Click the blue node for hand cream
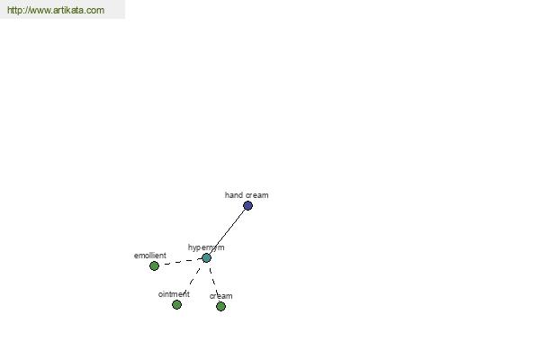click(x=247, y=206)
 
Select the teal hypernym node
click(x=206, y=257)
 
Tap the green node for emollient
click(x=154, y=266)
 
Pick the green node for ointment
click(x=176, y=304)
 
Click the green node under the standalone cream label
click(x=220, y=306)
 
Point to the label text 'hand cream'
click(x=247, y=195)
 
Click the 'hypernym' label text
click(x=206, y=247)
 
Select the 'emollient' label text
click(x=149, y=256)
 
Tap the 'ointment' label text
click(x=174, y=294)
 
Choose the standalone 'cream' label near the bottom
click(x=220, y=296)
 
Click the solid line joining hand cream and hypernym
click(x=227, y=231)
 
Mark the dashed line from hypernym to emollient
click(x=181, y=262)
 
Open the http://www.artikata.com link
click(x=56, y=10)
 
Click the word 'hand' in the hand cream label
click(x=233, y=195)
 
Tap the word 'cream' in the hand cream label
click(x=256, y=195)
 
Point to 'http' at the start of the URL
click(x=13, y=11)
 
